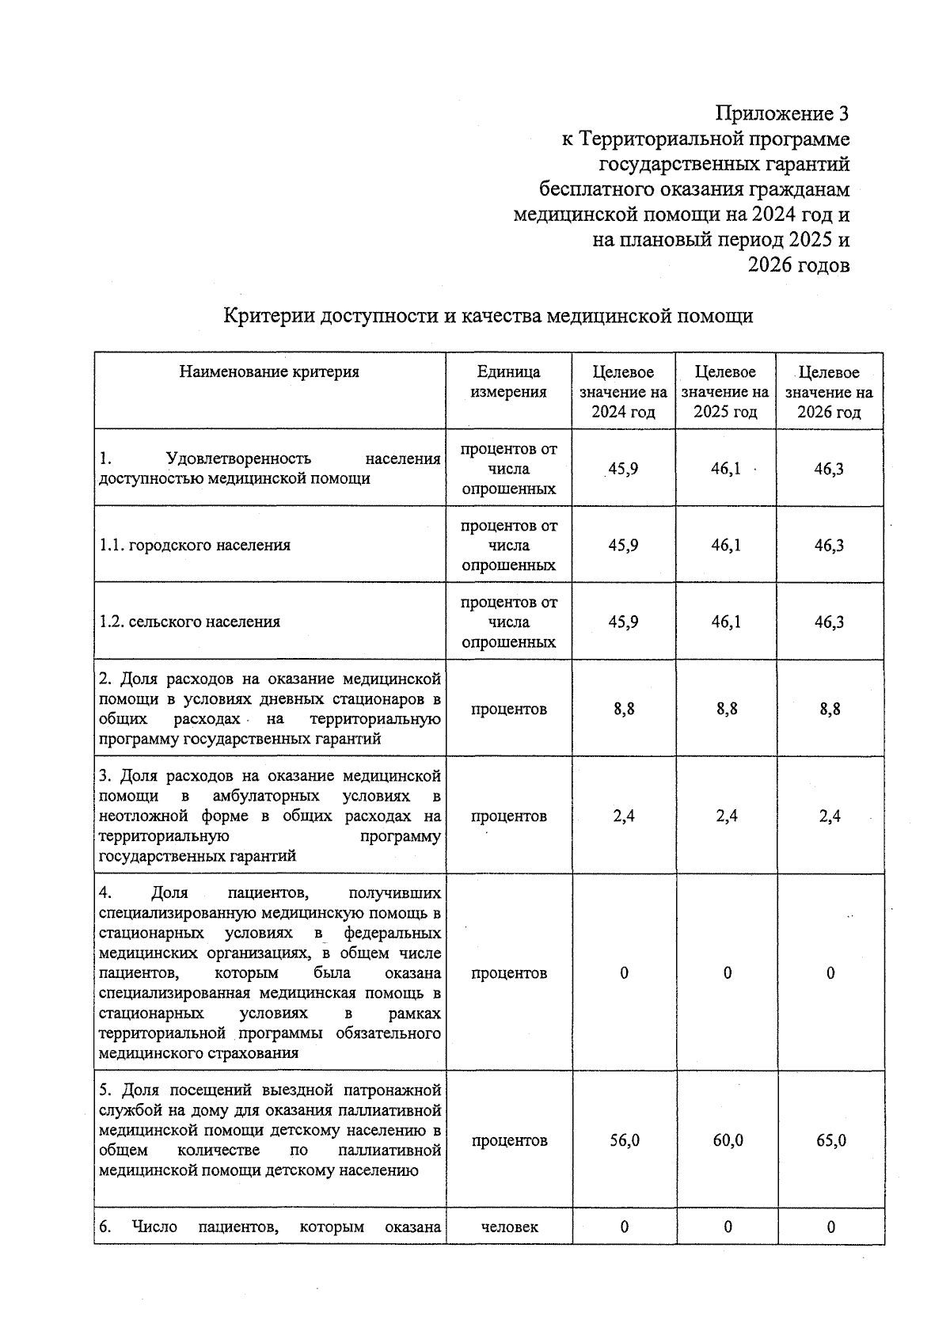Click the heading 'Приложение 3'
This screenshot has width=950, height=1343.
pos(782,114)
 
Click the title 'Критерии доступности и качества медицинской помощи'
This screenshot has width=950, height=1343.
pos(488,316)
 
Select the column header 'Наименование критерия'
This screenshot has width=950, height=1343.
pos(269,372)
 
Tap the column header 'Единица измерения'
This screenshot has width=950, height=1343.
pos(508,382)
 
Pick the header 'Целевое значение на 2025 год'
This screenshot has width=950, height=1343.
pos(725,392)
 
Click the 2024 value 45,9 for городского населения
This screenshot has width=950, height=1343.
pos(623,546)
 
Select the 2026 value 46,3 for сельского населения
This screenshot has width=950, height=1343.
pos(829,622)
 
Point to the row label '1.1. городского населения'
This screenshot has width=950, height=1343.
pos(195,546)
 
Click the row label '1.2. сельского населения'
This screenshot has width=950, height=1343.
pos(190,622)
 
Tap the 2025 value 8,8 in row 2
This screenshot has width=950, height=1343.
pos(727,710)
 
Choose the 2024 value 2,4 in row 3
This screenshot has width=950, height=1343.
pos(623,816)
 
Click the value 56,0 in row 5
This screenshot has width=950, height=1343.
pos(624,1141)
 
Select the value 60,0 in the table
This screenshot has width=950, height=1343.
pos(727,1141)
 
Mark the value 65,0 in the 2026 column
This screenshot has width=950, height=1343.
pos(830,1141)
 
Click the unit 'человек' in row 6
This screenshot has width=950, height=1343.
pos(509,1227)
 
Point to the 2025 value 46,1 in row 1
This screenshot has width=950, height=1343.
pos(725,469)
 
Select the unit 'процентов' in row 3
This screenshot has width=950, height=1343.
pos(508,816)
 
